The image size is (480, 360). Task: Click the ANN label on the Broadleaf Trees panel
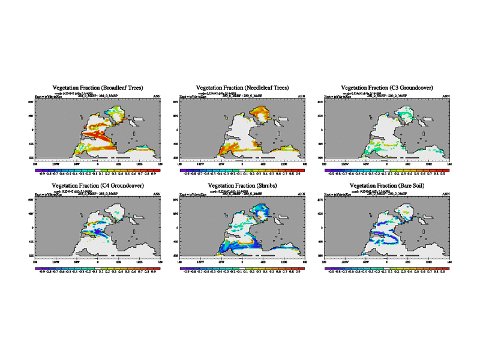(x=157, y=97)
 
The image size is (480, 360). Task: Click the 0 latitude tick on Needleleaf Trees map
(x=176, y=129)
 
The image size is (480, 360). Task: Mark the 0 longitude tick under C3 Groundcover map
(x=387, y=163)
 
